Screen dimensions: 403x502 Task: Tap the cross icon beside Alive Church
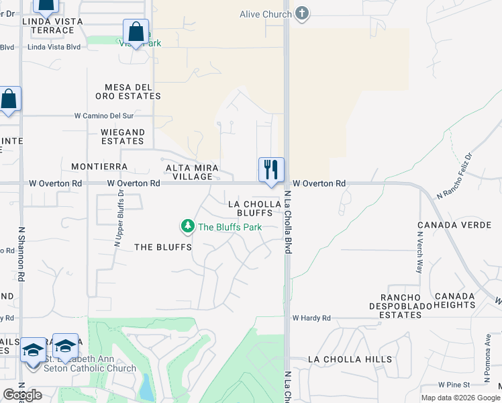coord(302,13)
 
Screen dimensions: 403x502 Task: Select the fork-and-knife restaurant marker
coord(272,170)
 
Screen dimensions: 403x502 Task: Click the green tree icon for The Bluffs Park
coord(188,227)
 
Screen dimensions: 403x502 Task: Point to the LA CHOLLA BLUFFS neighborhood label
coord(250,208)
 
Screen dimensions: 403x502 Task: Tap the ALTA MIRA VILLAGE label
coord(189,172)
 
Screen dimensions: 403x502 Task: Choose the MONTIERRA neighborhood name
coord(99,166)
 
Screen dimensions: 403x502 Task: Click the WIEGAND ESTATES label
coord(122,136)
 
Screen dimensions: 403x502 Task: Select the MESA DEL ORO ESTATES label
coord(133,92)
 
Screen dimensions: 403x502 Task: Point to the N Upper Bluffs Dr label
coord(119,219)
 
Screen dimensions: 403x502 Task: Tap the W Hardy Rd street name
coord(311,318)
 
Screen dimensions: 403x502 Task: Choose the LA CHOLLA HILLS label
coord(350,359)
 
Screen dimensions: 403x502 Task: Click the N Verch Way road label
coord(419,253)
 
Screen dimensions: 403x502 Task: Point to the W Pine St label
coord(456,385)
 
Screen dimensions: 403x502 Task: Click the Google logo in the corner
coord(23,394)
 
